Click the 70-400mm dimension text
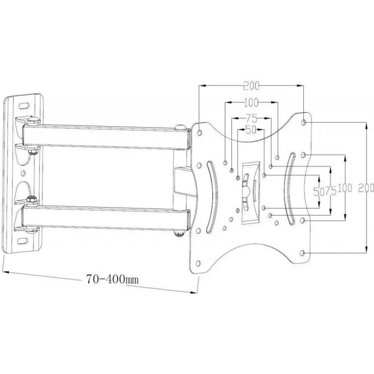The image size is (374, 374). point(112,279)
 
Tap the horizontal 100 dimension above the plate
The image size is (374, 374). point(251,103)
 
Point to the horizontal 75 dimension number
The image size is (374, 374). point(251,118)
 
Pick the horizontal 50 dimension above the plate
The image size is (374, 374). point(250,130)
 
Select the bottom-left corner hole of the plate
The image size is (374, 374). point(198,263)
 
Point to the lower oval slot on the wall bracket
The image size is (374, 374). point(23,241)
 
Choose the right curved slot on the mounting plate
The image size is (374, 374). point(290,188)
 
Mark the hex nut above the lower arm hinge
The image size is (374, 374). point(31,200)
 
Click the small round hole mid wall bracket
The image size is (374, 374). point(23,172)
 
